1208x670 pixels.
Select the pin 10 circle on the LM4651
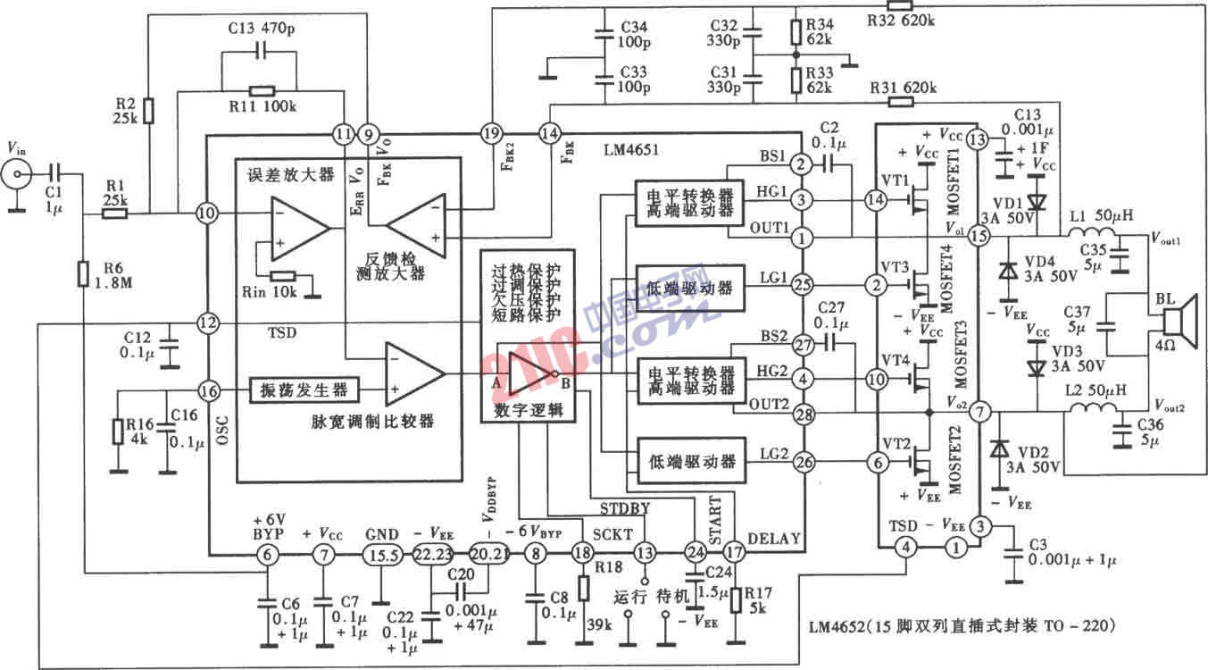207,214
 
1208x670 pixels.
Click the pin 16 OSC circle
207,390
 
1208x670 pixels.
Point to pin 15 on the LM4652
979,236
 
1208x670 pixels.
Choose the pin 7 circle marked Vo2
979,412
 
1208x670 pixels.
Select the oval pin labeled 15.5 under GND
383,553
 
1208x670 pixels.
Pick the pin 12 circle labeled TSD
207,322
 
